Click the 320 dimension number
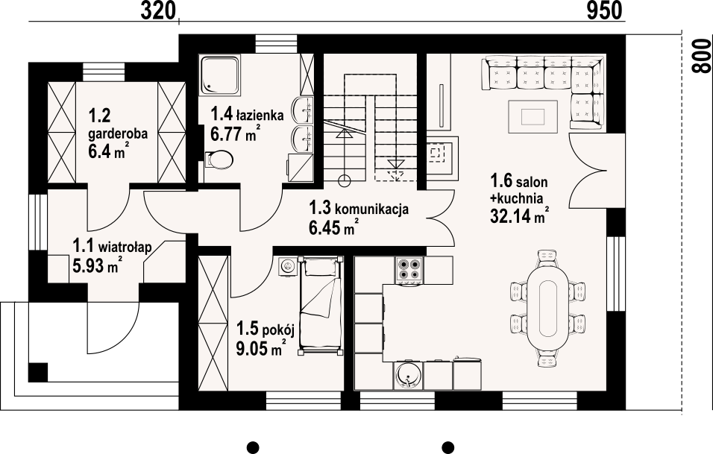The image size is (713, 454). [x=157, y=10]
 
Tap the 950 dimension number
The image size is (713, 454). [x=604, y=10]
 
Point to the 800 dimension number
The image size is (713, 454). [x=702, y=55]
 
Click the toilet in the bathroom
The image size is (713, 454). [x=219, y=159]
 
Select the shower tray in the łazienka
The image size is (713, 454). [x=219, y=75]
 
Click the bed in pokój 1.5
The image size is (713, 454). [x=321, y=306]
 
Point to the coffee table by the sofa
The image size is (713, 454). [x=533, y=116]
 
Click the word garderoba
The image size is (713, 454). [x=119, y=134]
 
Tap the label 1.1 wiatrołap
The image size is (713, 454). [x=113, y=247]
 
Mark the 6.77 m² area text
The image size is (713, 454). [x=235, y=133]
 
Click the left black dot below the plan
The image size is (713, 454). [x=253, y=447]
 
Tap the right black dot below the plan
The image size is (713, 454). [x=448, y=447]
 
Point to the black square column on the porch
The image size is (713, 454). [x=38, y=372]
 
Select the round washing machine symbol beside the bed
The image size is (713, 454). [x=287, y=265]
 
